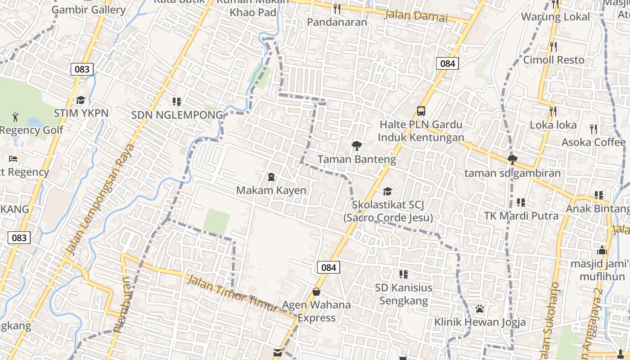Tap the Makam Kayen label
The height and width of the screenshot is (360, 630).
click(x=271, y=190)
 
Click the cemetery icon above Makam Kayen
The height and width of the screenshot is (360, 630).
click(x=271, y=177)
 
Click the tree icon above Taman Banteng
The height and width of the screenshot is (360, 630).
click(x=357, y=145)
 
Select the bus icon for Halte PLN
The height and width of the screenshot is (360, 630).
click(x=421, y=111)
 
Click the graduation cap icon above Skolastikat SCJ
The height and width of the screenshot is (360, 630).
click(x=387, y=192)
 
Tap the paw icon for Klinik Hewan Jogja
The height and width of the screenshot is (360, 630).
click(x=480, y=309)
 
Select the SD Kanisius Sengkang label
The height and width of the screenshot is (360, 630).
click(x=404, y=294)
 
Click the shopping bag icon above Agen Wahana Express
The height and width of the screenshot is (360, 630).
click(x=316, y=292)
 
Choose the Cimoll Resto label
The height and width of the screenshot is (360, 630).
click(x=553, y=60)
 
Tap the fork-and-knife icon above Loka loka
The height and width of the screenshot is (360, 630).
click(x=553, y=111)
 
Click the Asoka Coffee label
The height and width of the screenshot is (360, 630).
click(x=593, y=142)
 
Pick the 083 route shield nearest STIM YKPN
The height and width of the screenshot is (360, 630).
click(x=82, y=69)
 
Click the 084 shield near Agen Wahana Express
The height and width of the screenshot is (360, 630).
click(x=328, y=267)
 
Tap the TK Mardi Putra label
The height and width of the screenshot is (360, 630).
click(x=521, y=216)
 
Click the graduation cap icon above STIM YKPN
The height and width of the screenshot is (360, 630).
click(x=81, y=100)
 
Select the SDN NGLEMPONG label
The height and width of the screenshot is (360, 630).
click(x=177, y=115)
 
